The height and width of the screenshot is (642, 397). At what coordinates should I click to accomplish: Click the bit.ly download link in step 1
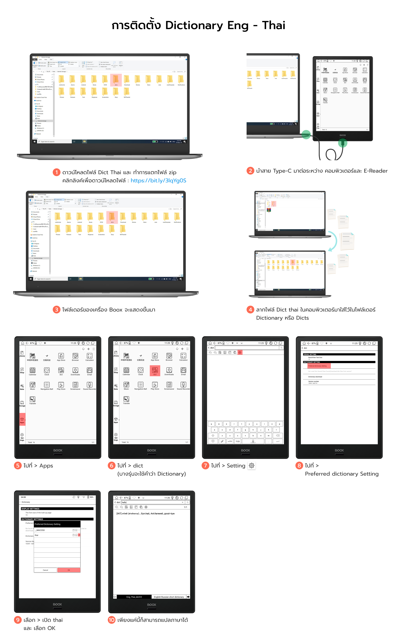pos(158,180)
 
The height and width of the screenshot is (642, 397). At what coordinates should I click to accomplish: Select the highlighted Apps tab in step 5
pos(22,420)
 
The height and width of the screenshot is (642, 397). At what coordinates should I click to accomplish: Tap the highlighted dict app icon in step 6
pos(155,371)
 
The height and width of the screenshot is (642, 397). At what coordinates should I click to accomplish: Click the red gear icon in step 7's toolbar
pos(240,352)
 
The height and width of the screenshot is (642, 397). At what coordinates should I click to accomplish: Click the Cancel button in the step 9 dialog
pos(45,570)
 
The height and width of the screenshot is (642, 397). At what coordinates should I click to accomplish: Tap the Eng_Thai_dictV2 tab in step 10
pos(134,597)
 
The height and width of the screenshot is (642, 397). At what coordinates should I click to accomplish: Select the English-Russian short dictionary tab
pos(169,597)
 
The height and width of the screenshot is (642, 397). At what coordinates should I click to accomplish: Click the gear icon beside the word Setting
pos(252,465)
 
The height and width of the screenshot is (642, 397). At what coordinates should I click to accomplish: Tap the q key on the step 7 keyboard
pos(211,424)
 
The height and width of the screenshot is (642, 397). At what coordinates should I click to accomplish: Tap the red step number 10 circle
pos(111,620)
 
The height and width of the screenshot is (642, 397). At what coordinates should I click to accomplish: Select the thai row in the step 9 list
pos(53,535)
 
